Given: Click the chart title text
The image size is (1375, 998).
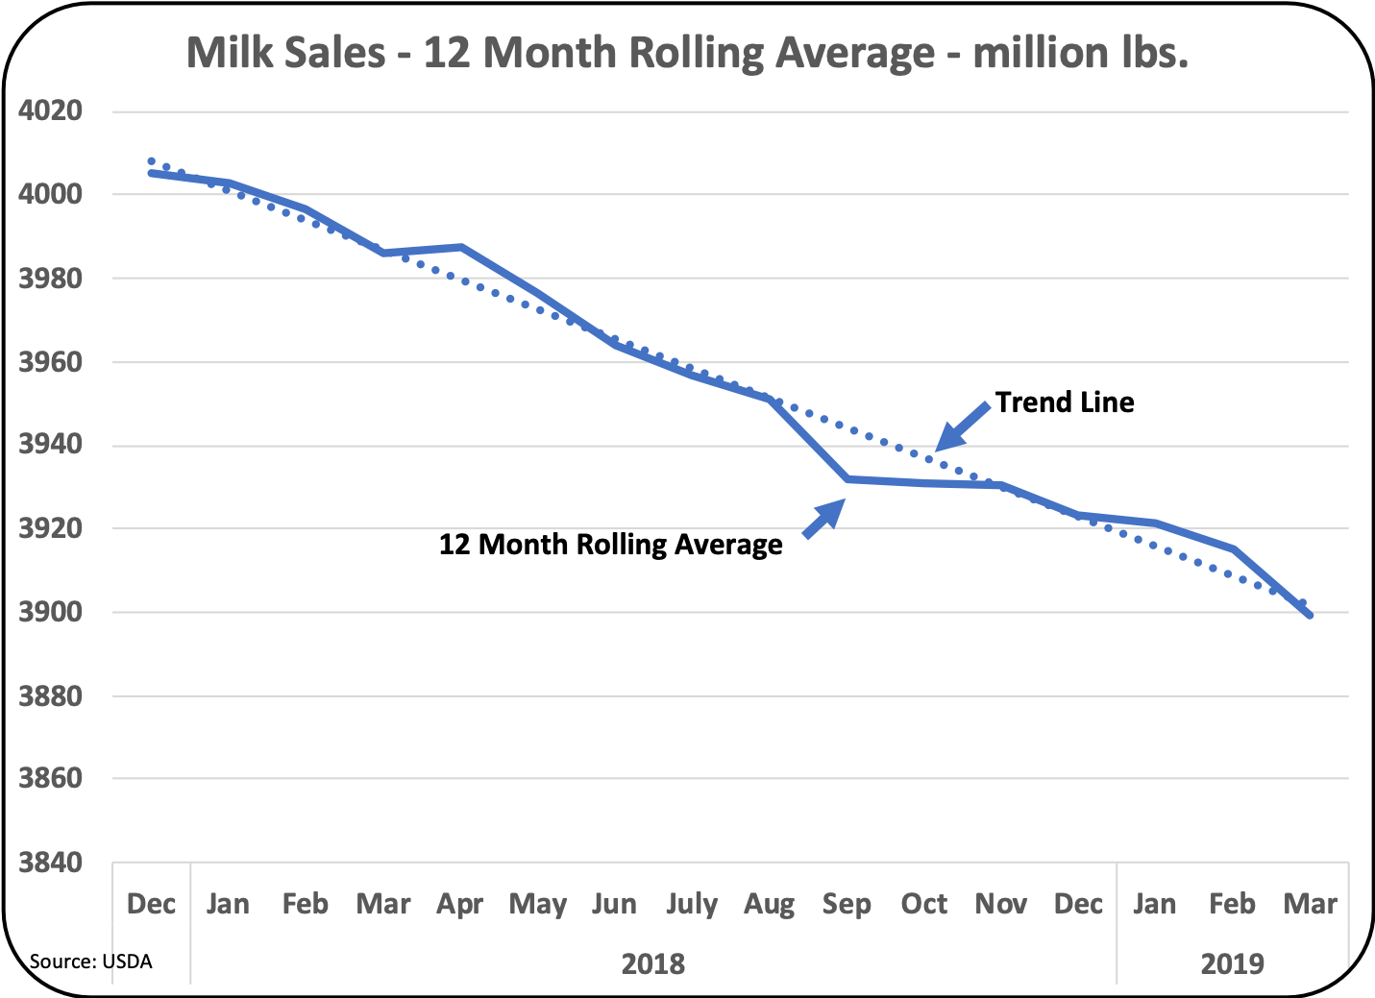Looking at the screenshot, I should tap(687, 53).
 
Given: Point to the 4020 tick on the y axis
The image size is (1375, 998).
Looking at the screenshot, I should tap(50, 110).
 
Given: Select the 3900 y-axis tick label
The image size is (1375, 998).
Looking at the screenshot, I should tap(50, 612).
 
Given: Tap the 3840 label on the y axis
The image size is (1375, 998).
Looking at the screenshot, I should tap(50, 863).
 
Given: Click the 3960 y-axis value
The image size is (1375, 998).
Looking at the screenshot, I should tap(50, 362).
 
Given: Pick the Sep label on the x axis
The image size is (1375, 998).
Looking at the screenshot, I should tap(846, 904).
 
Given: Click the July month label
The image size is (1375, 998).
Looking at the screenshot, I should tap(692, 904).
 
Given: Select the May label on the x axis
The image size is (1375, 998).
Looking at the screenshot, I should tap(537, 904).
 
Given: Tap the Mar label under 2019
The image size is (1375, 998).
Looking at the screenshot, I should tap(1310, 904).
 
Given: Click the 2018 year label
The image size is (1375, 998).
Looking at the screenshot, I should tap(653, 962).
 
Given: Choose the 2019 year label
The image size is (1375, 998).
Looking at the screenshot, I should tap(1233, 962).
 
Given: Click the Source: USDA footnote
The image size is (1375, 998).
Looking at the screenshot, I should tap(90, 961).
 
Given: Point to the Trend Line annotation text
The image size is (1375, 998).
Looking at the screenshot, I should tap(1065, 402).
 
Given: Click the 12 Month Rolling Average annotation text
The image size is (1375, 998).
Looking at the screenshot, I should tap(610, 545).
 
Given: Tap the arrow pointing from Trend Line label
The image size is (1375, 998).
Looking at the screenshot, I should tap(962, 426).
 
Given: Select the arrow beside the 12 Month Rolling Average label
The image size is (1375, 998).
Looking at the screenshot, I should tap(823, 519).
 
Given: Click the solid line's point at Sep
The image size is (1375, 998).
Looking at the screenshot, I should tap(847, 478).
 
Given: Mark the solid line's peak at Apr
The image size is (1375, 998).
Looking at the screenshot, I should tap(462, 247).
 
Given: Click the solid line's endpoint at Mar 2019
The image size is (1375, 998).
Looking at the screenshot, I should tap(1311, 616).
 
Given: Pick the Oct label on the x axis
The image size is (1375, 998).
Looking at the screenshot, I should tap(923, 904).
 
